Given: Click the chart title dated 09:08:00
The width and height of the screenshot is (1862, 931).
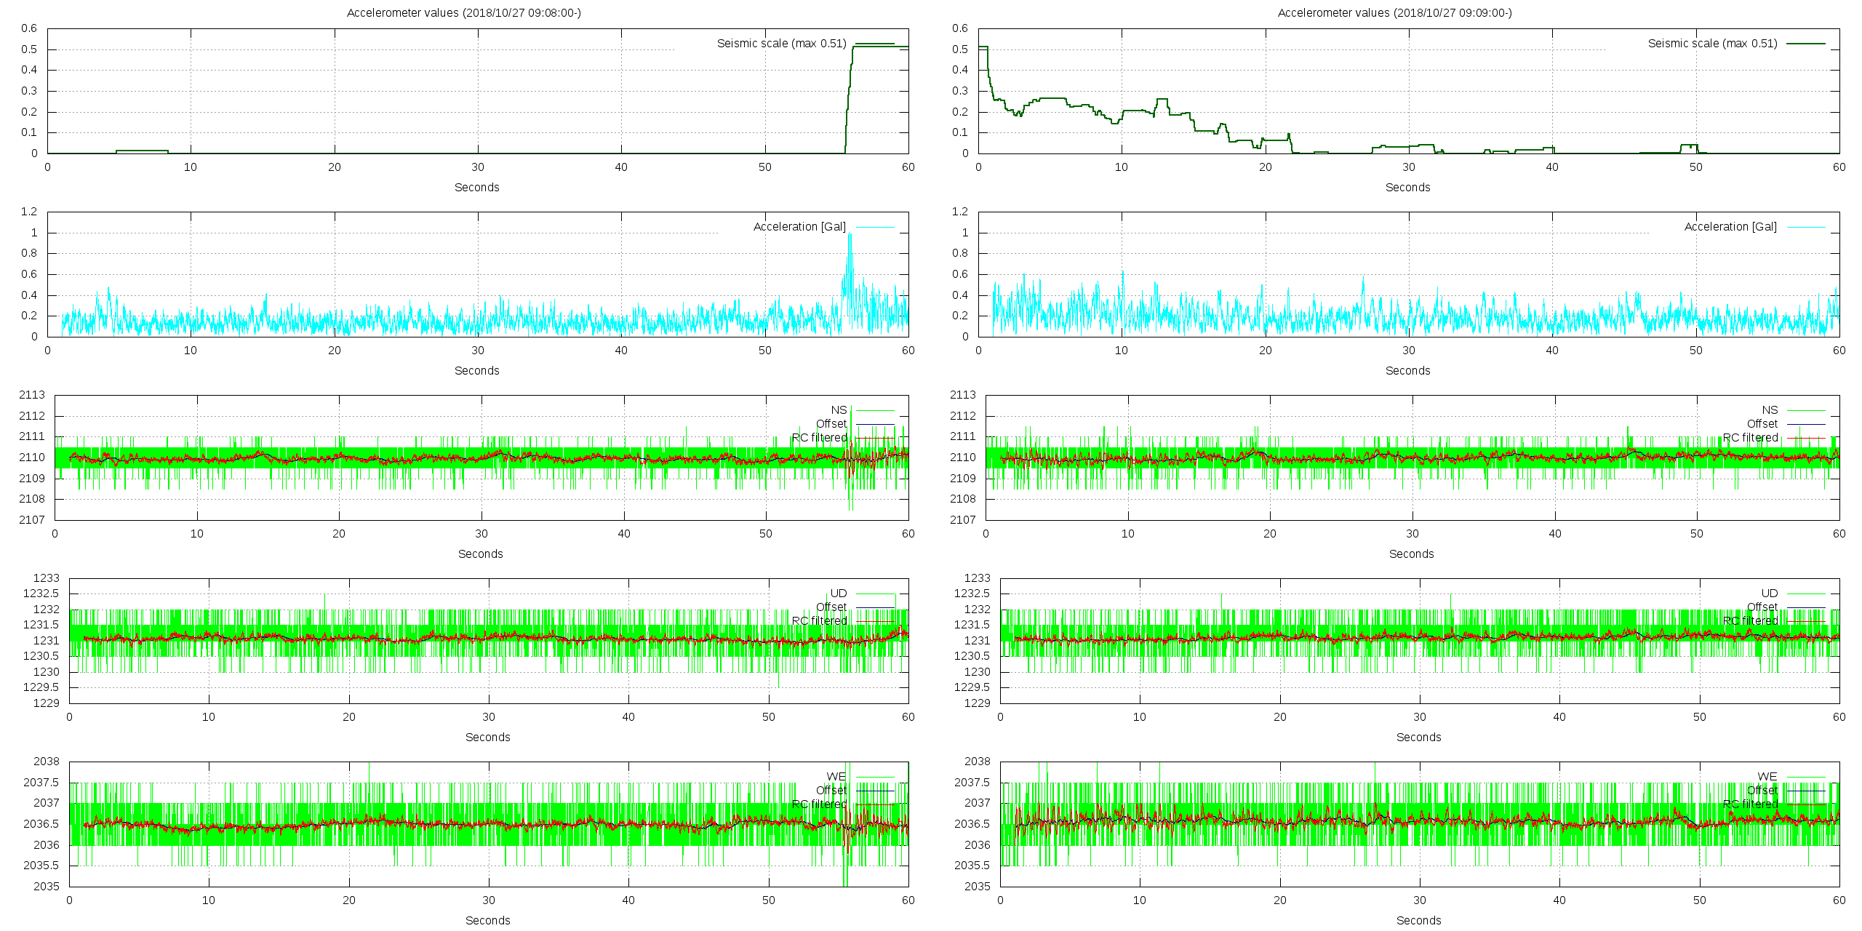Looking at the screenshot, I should point(463,12).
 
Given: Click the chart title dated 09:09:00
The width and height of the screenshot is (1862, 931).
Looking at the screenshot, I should point(1394,12).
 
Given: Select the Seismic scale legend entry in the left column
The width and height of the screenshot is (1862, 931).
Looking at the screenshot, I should point(781,44).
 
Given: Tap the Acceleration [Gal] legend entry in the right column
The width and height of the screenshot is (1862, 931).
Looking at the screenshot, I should point(1730,227).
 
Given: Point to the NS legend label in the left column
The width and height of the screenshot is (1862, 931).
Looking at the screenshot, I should point(839,410).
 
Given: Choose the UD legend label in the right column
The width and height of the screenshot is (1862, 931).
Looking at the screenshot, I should point(1769,594).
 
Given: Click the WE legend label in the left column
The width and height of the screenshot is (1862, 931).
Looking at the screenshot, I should point(836,777).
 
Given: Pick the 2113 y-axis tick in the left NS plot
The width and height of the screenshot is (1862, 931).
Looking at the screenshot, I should point(32,395).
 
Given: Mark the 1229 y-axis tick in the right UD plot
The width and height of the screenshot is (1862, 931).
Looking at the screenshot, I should point(978,703).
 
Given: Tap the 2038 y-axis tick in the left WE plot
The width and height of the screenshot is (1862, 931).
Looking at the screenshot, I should point(47,762).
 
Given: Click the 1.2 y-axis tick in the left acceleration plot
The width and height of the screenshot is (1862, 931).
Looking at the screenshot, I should point(29,212).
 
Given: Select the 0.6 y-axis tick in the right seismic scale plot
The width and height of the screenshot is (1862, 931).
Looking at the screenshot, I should point(960,28).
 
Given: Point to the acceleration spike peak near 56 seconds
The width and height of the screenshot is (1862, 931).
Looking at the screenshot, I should point(850,234).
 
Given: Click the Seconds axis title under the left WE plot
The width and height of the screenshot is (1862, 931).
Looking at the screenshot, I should point(487,920).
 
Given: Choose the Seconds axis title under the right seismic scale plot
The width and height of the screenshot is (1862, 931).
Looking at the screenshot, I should point(1407,187).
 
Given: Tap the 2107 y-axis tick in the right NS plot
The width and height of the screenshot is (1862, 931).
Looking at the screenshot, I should point(963,520).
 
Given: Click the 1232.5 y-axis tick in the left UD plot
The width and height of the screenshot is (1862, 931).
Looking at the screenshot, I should point(41,594).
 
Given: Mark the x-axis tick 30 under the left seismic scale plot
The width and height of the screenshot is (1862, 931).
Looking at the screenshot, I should point(478,167).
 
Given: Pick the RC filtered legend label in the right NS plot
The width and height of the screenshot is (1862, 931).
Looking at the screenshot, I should point(1750,438).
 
